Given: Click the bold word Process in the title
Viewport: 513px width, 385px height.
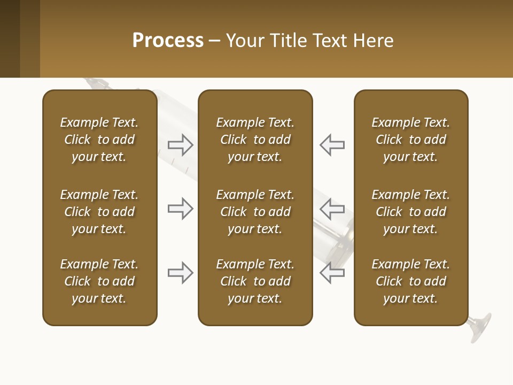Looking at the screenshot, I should pyautogui.click(x=168, y=41).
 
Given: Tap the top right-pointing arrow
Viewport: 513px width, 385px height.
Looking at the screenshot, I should pyautogui.click(x=181, y=145).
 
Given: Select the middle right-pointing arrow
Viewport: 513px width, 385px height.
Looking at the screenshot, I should pyautogui.click(x=181, y=209).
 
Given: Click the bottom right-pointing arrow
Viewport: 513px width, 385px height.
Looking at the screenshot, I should pyautogui.click(x=181, y=273).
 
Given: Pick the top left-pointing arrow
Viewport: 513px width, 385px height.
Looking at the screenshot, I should pyautogui.click(x=332, y=145).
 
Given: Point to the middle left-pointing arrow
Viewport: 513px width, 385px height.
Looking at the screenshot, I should pyautogui.click(x=332, y=209).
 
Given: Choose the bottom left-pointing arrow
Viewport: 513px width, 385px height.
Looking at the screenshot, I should pyautogui.click(x=332, y=273).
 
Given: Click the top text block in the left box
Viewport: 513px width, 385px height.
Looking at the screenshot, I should pyautogui.click(x=99, y=140).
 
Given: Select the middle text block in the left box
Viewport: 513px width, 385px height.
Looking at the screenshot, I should pyautogui.click(x=99, y=212).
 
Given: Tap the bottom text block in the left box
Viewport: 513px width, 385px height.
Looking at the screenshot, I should pyautogui.click(x=99, y=281).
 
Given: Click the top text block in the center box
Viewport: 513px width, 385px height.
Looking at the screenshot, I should pyautogui.click(x=255, y=140).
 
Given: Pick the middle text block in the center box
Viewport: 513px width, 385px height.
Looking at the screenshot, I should pyautogui.click(x=255, y=212).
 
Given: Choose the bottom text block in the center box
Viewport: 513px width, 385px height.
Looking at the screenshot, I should pyautogui.click(x=255, y=281).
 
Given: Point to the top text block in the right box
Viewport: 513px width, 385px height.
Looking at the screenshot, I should pyautogui.click(x=410, y=140).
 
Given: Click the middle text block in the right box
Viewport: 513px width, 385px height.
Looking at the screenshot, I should pyautogui.click(x=410, y=212).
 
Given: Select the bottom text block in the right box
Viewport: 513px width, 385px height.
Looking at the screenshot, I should pyautogui.click(x=410, y=281).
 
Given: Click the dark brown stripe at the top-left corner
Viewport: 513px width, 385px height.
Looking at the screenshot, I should pyautogui.click(x=10, y=38).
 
